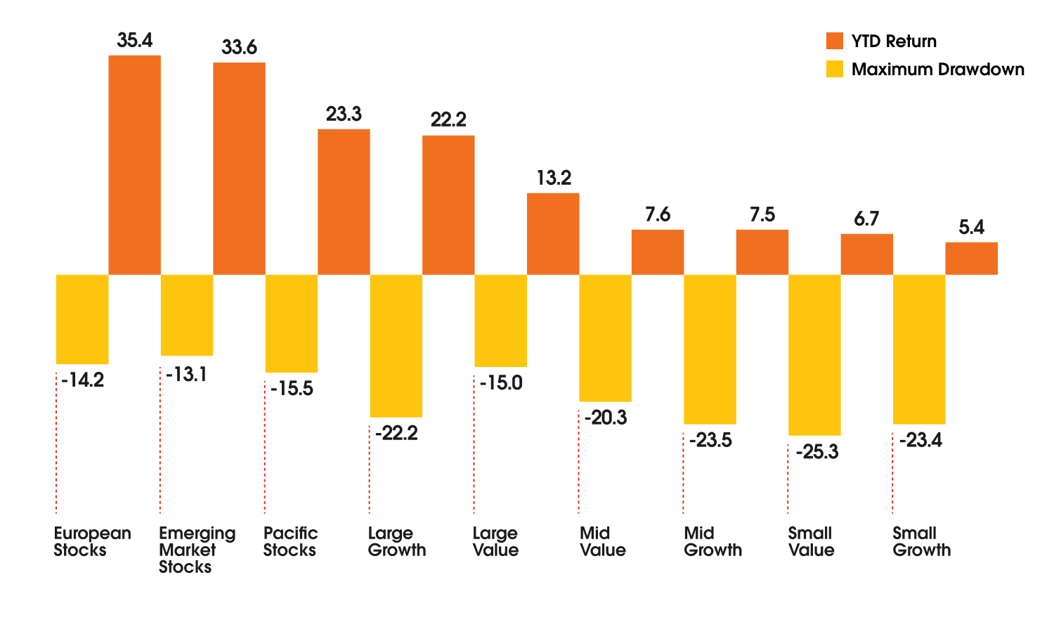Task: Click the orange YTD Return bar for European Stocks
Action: (x=134, y=164)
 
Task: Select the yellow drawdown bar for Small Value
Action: (x=814, y=354)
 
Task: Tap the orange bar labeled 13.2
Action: (x=553, y=233)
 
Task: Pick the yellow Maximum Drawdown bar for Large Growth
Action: (x=396, y=345)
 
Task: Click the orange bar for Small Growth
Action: (x=971, y=258)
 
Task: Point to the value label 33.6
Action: (x=239, y=48)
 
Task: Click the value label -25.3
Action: (x=817, y=451)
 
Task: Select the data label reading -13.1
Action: (x=186, y=375)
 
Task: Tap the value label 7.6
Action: (x=658, y=215)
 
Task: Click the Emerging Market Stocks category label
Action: (x=197, y=550)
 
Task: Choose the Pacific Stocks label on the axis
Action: (x=290, y=541)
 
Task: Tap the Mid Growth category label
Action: (x=713, y=541)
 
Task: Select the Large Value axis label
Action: (x=495, y=541)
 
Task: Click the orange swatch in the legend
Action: (x=834, y=41)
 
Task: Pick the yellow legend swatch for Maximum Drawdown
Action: (x=834, y=69)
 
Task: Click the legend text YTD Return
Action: (x=894, y=41)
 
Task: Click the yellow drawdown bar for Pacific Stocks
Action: (x=292, y=323)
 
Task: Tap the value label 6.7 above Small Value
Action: (x=866, y=219)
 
